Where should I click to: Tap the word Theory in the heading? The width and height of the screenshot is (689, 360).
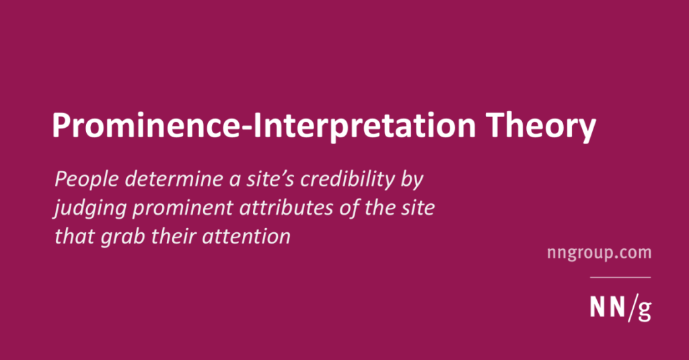tap(540, 127)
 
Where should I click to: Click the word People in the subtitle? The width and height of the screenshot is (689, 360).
tap(87, 180)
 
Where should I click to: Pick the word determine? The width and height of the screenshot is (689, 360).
tap(174, 179)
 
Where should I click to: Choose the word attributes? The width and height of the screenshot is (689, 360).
tap(286, 207)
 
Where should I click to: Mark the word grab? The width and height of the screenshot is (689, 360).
tap(122, 236)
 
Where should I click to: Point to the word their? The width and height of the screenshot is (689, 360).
tap(173, 236)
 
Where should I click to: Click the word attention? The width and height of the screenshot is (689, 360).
tap(246, 236)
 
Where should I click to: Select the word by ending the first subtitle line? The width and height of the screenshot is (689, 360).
tap(412, 180)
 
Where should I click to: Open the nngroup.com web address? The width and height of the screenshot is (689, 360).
tap(599, 253)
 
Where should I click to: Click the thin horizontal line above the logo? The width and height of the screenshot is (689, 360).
tap(620, 277)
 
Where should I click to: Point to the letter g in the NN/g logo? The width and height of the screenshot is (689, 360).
tap(644, 310)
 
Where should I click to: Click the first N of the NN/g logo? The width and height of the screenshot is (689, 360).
tap(597, 307)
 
